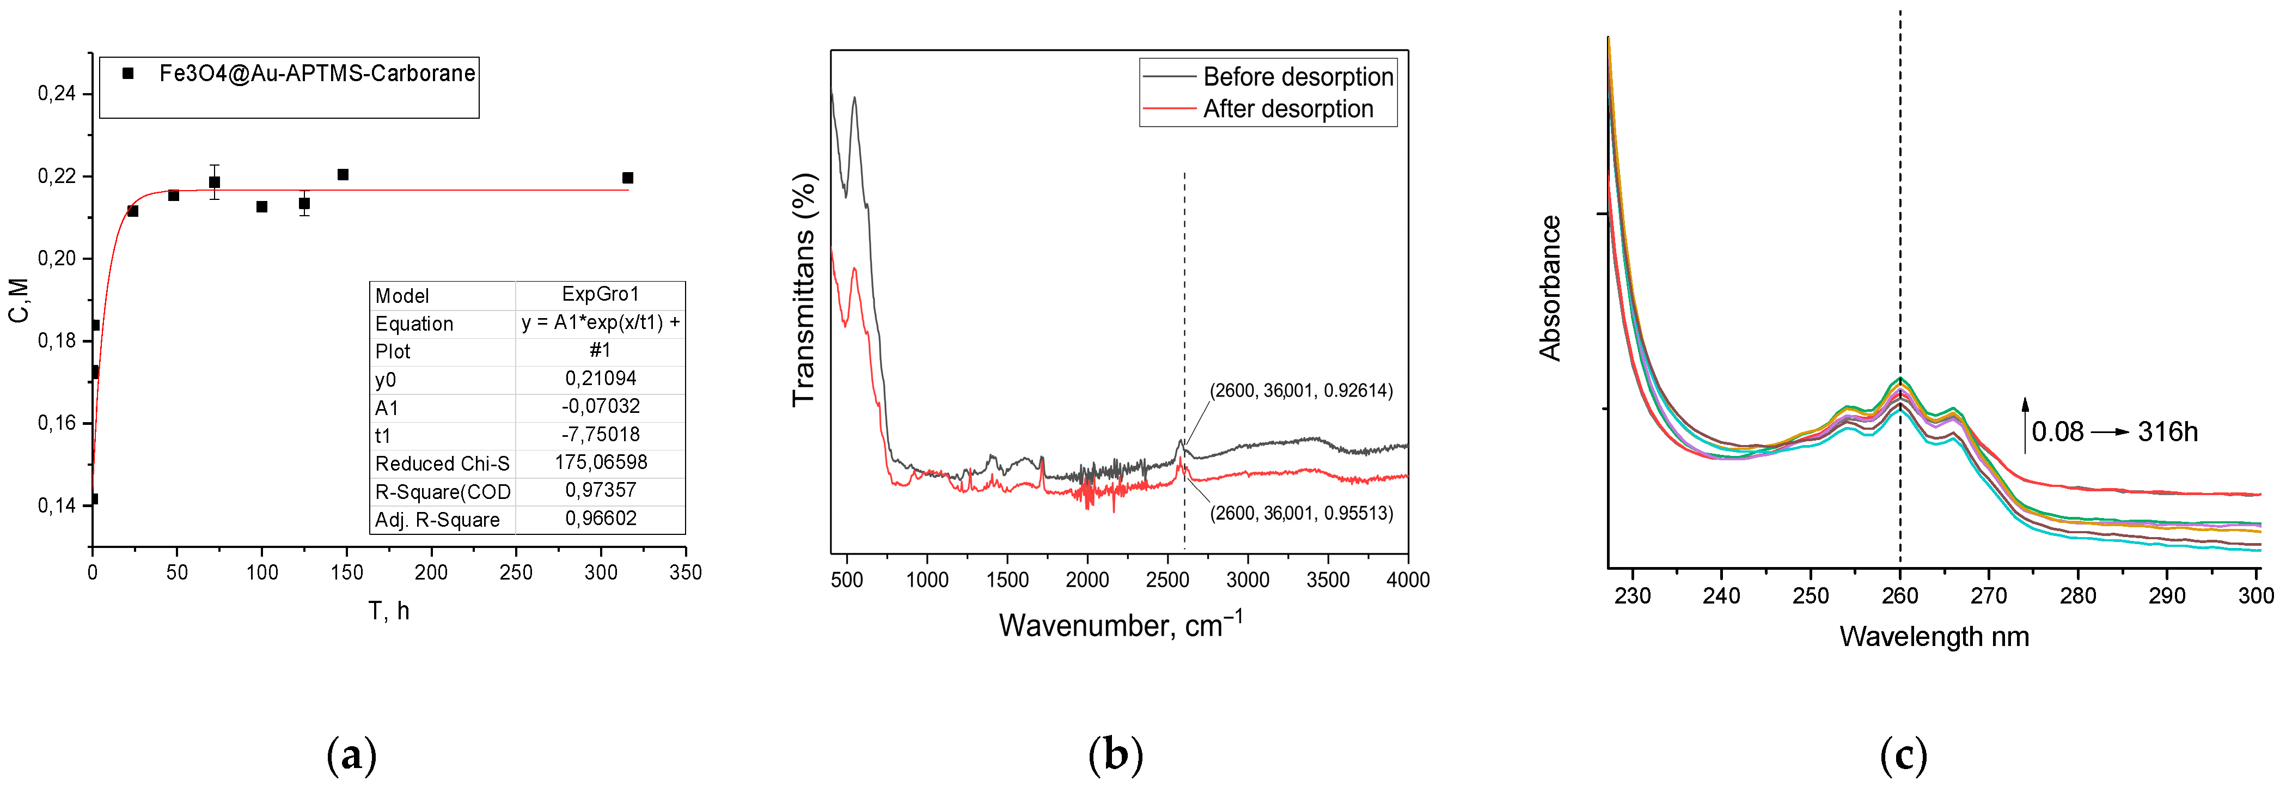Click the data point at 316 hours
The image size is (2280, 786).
[x=627, y=178]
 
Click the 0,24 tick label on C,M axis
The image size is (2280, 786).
[x=57, y=94]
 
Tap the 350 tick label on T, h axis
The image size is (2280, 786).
[x=685, y=572]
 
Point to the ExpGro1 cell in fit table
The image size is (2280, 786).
[x=600, y=294]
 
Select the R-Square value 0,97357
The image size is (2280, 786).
[x=600, y=490]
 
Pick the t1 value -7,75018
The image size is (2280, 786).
[x=600, y=435]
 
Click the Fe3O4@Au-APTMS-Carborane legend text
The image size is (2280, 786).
[x=317, y=74]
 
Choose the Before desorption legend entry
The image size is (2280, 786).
[x=1298, y=77]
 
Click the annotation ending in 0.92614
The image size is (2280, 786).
[x=1301, y=391]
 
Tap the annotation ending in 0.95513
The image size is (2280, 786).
[x=1301, y=513]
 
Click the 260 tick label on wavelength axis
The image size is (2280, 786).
[x=1899, y=596]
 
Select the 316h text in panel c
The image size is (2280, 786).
[x=2168, y=432]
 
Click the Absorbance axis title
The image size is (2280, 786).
[x=1550, y=288]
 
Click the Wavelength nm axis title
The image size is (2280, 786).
[x=1934, y=636]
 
